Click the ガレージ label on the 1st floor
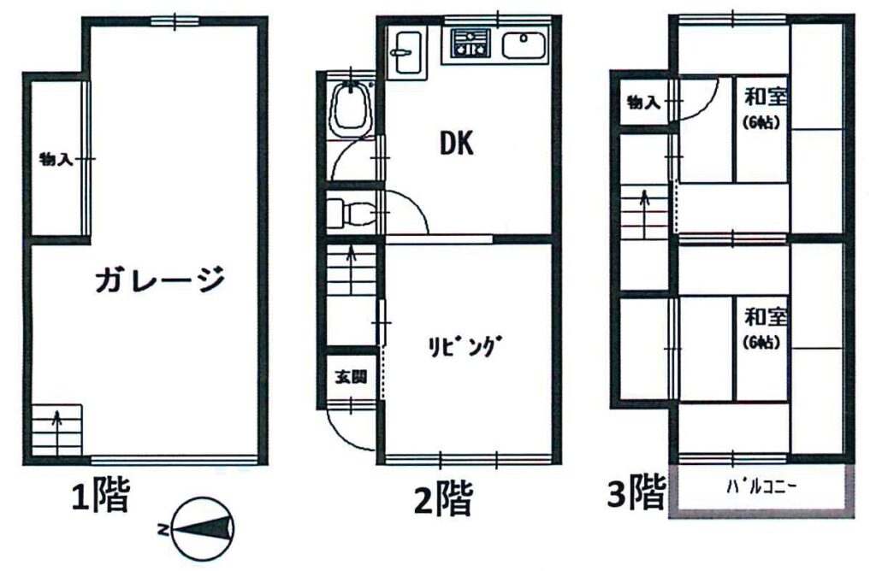(160, 279)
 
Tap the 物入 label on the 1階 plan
(56, 160)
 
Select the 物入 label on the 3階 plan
(643, 103)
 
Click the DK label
(457, 143)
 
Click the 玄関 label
(351, 377)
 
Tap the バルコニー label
(761, 487)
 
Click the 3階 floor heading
(636, 492)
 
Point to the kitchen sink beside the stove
(524, 45)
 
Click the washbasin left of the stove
(408, 51)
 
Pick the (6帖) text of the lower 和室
(761, 342)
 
